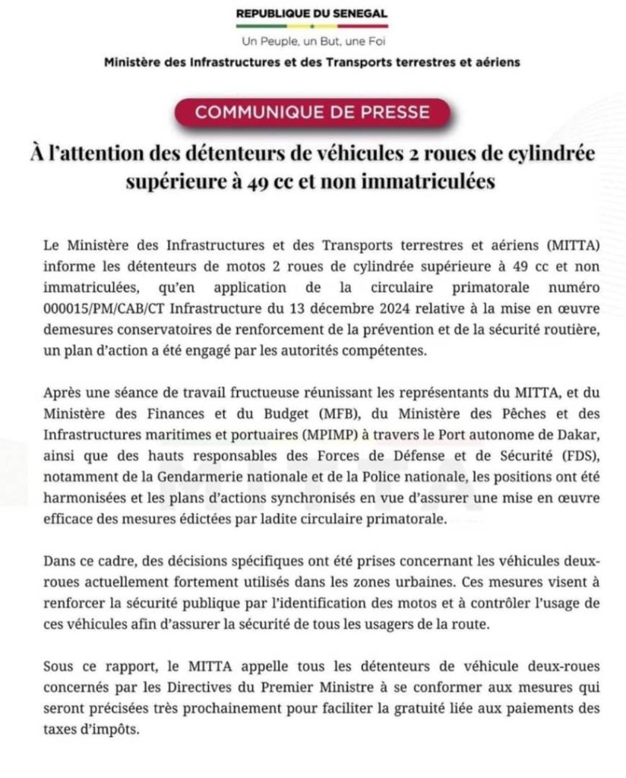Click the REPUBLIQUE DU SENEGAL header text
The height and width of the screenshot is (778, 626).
311,13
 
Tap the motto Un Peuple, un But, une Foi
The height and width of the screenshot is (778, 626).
311,41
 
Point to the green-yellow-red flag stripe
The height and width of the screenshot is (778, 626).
311,27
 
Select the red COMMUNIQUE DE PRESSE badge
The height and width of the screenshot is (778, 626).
311,112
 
